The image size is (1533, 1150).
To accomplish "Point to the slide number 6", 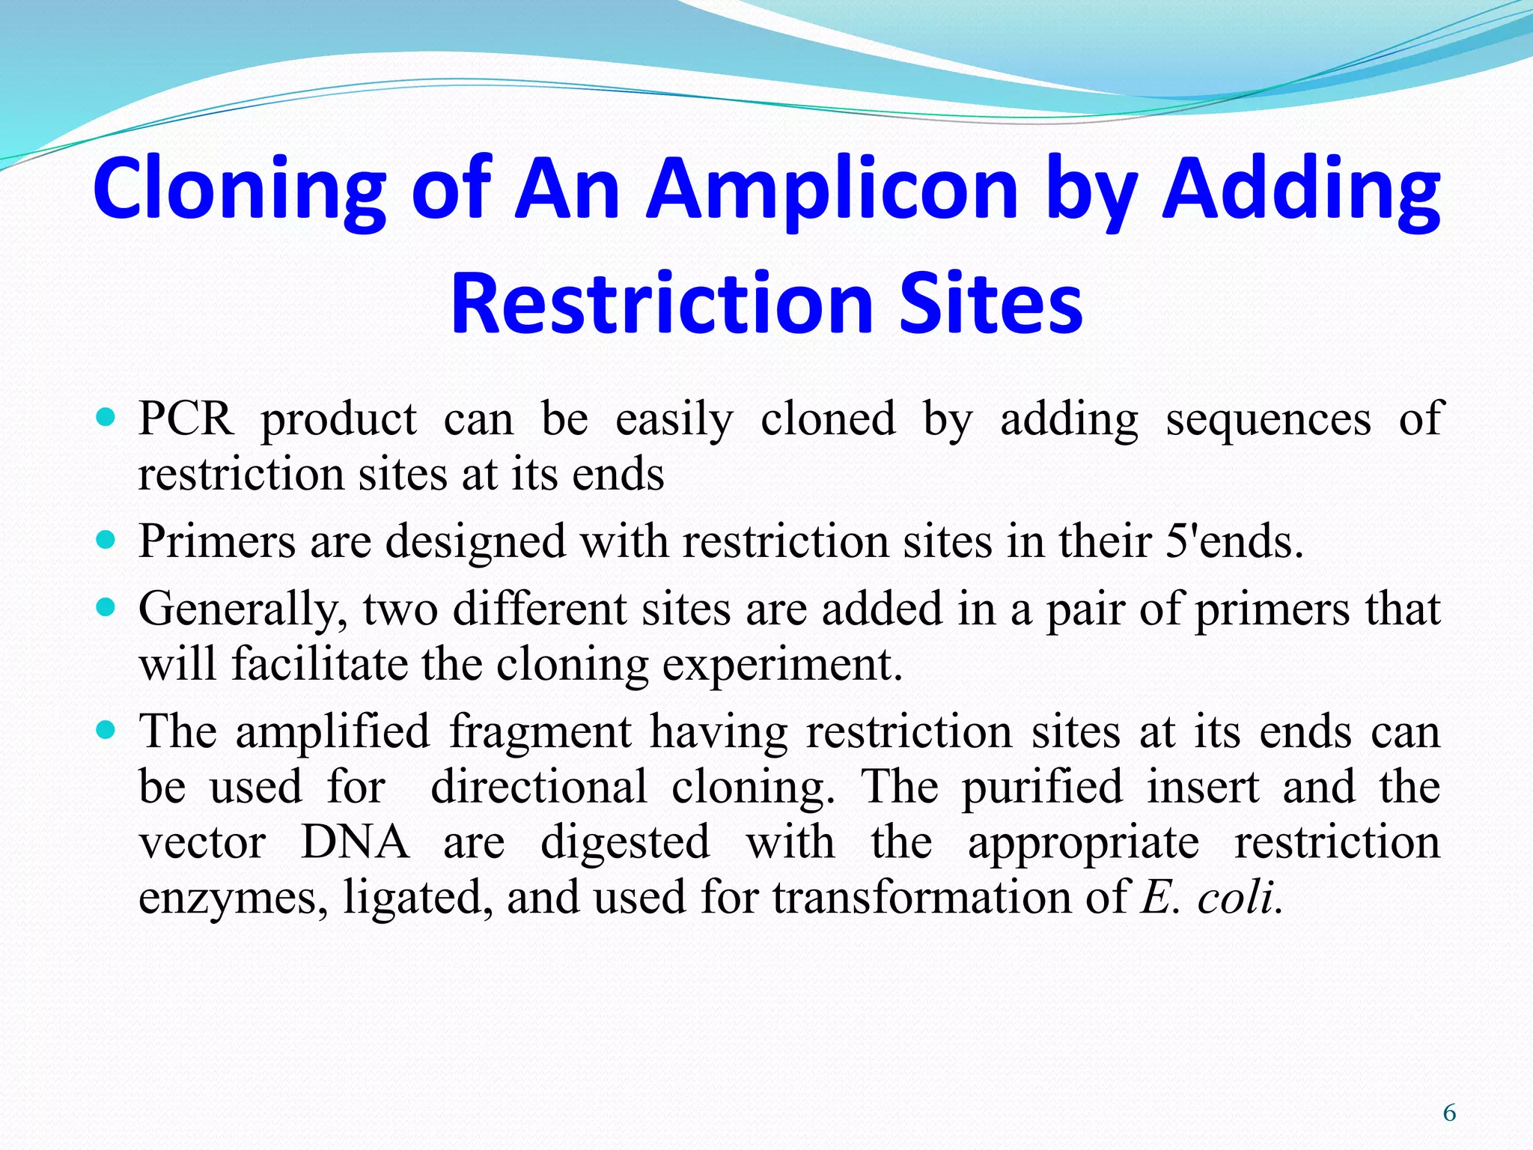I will tap(1449, 1113).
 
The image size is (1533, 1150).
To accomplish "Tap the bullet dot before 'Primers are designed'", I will tap(107, 539).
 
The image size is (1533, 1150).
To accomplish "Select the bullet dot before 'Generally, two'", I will tap(107, 606).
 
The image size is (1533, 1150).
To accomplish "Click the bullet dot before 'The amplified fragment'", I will tap(107, 729).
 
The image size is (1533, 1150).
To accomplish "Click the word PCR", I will tap(186, 419).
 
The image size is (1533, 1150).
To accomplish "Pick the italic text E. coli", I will tap(1210, 897).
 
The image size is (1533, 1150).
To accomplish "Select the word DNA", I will tap(355, 842).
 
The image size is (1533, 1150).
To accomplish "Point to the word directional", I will tap(539, 787).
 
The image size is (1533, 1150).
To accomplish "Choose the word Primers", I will tap(217, 541).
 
